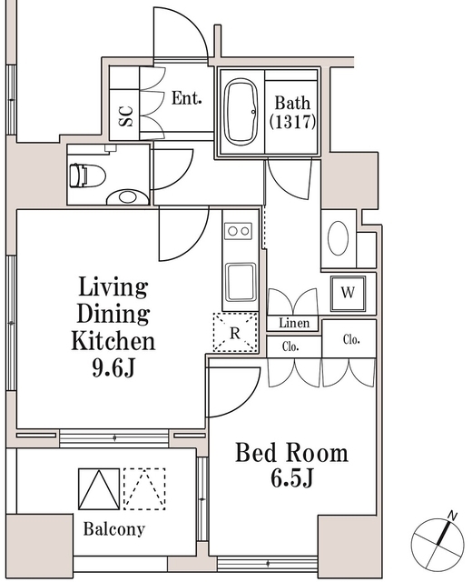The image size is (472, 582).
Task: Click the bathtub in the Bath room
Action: (241, 113)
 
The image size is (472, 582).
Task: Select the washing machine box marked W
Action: (348, 293)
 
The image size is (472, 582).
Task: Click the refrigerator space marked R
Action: (235, 333)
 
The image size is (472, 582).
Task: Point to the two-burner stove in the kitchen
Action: (238, 231)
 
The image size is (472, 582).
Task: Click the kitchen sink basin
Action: (241, 282)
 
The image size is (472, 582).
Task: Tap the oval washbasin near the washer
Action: (339, 238)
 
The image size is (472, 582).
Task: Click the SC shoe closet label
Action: (125, 115)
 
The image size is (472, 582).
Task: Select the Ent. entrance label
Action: (187, 98)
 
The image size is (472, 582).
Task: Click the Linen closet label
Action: (294, 323)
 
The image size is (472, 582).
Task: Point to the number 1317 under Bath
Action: (292, 121)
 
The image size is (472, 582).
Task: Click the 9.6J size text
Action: (113, 367)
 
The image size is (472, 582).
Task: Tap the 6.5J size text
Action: (292, 478)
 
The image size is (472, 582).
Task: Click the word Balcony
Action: (114, 529)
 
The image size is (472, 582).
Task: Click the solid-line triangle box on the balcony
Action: (99, 489)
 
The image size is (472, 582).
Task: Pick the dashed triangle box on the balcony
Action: (144, 489)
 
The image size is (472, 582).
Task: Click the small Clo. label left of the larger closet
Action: (290, 346)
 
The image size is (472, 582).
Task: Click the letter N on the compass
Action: (452, 516)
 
